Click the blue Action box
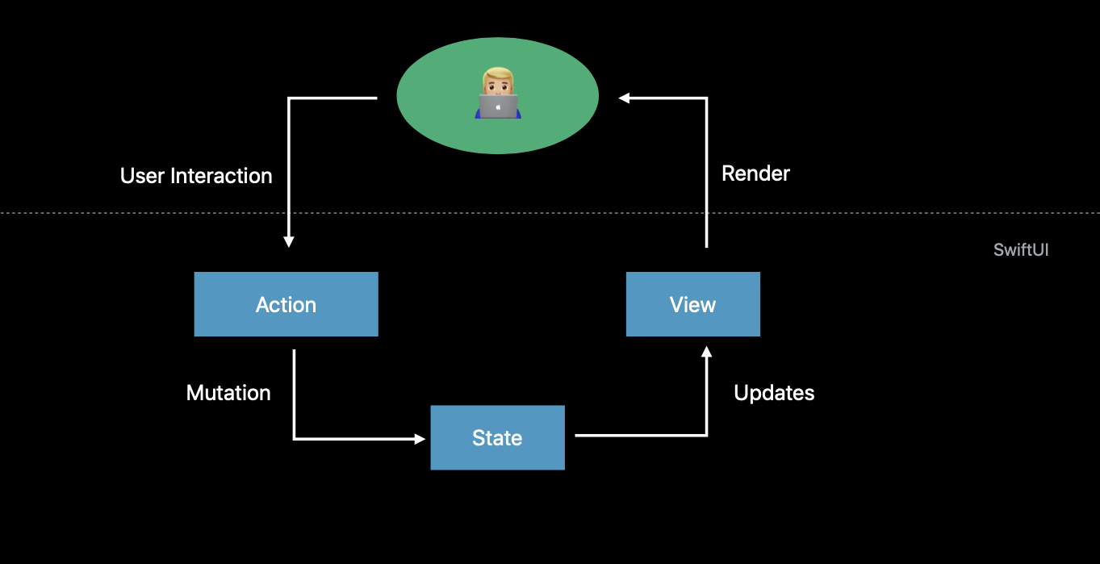[x=286, y=304]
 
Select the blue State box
[x=497, y=437]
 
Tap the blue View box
[x=693, y=304]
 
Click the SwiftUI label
[x=1021, y=250]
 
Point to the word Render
[x=755, y=173]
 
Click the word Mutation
[x=228, y=393]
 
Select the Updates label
[x=774, y=393]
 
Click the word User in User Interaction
[x=142, y=176]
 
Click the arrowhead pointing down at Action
[x=289, y=241]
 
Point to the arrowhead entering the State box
[x=420, y=439]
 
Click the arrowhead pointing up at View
[x=707, y=352]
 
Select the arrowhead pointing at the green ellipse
[x=624, y=98]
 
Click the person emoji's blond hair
[x=498, y=74]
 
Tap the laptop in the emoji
[x=498, y=107]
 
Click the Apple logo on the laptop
[x=498, y=107]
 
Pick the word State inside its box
[x=497, y=438]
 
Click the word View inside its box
[x=692, y=305]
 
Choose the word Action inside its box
[x=286, y=305]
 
